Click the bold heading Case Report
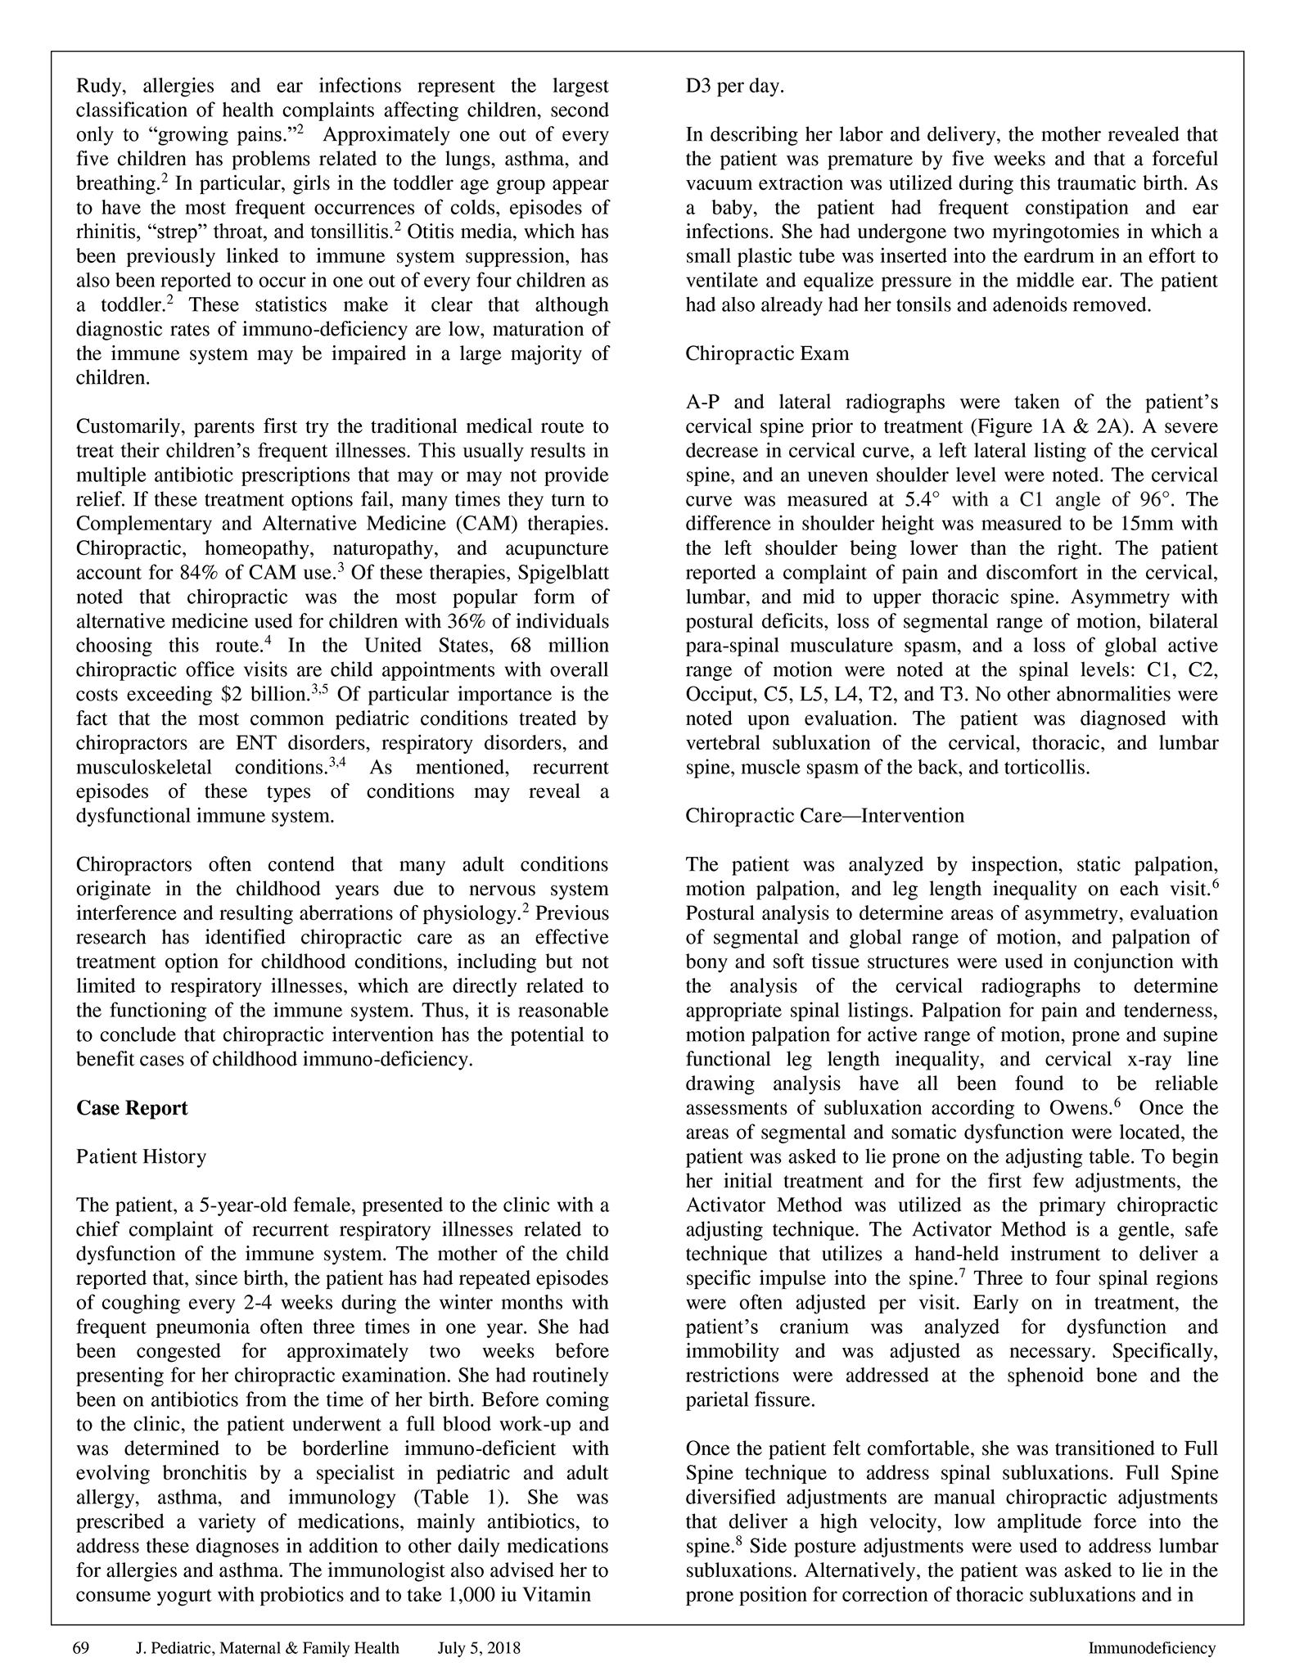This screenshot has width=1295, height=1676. (x=132, y=1108)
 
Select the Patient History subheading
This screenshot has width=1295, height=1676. (x=141, y=1156)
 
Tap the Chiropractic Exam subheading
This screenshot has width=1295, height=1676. (x=767, y=354)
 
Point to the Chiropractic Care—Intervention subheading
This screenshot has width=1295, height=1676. (x=824, y=816)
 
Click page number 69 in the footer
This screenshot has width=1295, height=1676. (x=80, y=1648)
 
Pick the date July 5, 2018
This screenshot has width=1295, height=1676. (x=479, y=1648)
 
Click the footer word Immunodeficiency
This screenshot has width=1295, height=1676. (x=1151, y=1648)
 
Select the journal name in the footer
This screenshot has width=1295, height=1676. (x=267, y=1648)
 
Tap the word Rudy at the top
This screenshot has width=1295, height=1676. (x=101, y=86)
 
